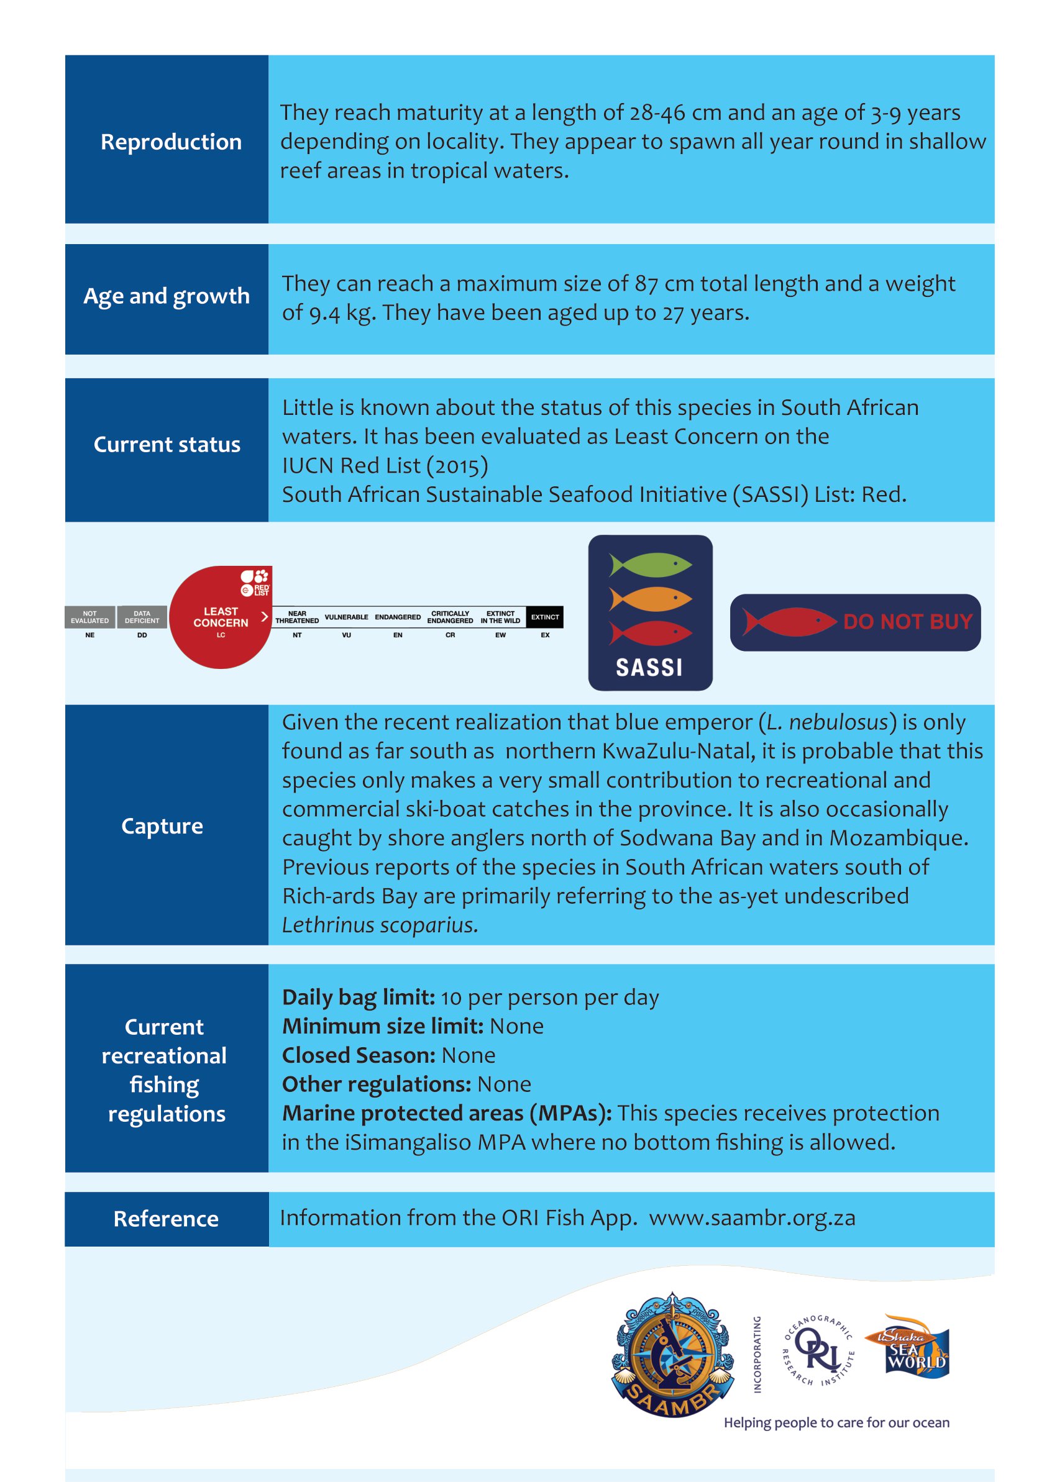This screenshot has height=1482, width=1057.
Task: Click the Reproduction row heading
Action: tap(170, 142)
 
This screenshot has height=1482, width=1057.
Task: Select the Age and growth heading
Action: tap(167, 296)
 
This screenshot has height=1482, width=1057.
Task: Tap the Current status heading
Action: tap(167, 444)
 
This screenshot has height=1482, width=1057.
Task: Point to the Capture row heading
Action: tap(162, 825)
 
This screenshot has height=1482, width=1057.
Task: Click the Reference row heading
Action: tap(166, 1219)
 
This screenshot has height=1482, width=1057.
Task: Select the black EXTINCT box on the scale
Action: tap(545, 617)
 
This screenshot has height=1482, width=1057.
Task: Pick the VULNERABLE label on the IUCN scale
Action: tap(346, 617)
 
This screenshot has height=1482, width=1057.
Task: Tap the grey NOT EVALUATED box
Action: tap(90, 617)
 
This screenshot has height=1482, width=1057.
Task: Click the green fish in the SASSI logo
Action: tap(650, 564)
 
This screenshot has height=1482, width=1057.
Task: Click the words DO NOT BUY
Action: tap(907, 622)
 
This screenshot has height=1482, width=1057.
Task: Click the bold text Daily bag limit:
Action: tap(359, 998)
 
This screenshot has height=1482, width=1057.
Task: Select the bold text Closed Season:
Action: tap(359, 1055)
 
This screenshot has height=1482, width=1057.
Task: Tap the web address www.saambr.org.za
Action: tap(752, 1218)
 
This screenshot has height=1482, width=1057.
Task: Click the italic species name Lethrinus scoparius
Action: tap(380, 924)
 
